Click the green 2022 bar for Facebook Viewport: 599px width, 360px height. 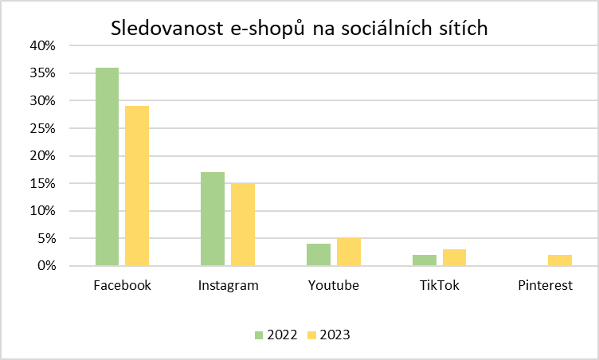click(107, 166)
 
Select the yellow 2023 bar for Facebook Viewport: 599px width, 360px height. click(137, 186)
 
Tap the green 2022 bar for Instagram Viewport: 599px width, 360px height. click(213, 219)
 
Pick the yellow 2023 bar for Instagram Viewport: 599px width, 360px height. click(243, 225)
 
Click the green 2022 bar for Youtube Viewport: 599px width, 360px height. click(319, 255)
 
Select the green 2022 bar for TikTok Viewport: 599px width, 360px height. click(425, 260)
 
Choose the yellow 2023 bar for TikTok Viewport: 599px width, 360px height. click(454, 257)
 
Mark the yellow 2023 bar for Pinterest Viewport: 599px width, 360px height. click(560, 260)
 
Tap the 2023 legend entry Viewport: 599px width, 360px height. click(327, 335)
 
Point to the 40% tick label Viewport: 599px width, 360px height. click(44, 46)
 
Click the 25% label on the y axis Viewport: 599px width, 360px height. click(44, 128)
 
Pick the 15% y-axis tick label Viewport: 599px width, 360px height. click(44, 183)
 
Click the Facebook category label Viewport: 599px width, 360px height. click(122, 285)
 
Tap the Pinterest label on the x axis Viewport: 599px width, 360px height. click(545, 285)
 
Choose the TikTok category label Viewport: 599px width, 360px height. click(439, 285)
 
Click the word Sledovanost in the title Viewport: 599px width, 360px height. click(164, 29)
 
